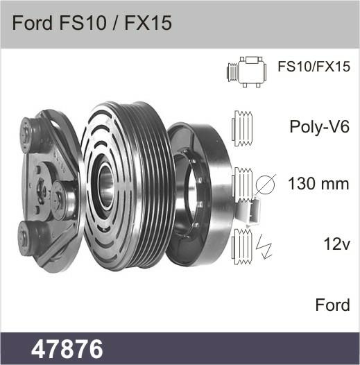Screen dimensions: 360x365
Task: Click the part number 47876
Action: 67,349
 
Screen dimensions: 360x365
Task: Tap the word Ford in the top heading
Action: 32,23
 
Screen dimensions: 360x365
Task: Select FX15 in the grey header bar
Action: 148,23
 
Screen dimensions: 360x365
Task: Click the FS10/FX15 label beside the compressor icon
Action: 314,67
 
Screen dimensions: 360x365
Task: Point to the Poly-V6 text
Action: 320,127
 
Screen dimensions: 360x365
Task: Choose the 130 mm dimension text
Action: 318,184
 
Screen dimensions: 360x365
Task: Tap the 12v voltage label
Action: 336,244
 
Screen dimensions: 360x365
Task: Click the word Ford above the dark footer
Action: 332,305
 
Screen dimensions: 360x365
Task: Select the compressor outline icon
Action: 247,72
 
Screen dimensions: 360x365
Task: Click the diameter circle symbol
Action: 266,184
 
